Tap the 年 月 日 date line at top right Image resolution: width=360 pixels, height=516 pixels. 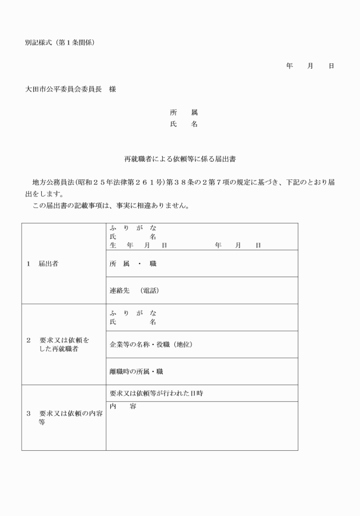[x=310, y=66]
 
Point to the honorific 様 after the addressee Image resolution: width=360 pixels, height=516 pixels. [x=113, y=89]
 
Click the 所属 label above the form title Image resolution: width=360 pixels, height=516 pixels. [x=183, y=113]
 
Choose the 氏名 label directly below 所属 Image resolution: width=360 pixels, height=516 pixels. [x=183, y=124]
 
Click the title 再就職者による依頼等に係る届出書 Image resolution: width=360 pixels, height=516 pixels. [x=180, y=159]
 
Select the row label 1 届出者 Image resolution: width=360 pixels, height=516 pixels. [x=42, y=264]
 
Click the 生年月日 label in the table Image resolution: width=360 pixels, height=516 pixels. [x=138, y=245]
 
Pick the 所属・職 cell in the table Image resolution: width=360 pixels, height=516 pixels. [x=133, y=264]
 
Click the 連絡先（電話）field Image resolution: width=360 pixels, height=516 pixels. [x=134, y=290]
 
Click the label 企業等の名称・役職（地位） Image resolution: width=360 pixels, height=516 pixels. [x=151, y=345]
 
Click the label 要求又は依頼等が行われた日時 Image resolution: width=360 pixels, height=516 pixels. [x=157, y=393]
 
